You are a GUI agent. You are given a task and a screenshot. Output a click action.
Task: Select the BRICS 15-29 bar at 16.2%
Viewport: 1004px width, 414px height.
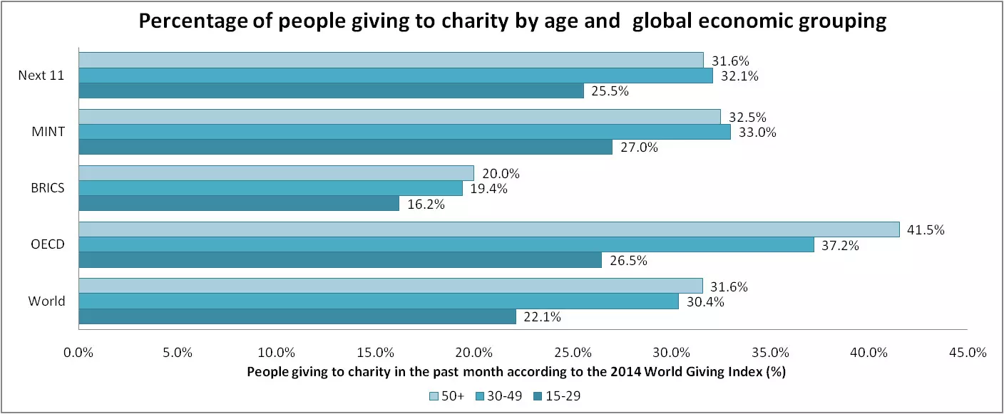tap(239, 204)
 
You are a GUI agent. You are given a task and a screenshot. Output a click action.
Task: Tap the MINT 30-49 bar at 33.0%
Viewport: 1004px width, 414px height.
tap(404, 132)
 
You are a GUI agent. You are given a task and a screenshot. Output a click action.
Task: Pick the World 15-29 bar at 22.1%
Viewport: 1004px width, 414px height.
tap(297, 316)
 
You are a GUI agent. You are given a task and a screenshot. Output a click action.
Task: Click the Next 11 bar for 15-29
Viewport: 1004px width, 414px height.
tap(331, 90)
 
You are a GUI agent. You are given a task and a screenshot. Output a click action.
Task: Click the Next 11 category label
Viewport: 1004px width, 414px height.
tap(41, 76)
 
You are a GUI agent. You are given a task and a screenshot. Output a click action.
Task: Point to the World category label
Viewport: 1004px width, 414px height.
tap(47, 301)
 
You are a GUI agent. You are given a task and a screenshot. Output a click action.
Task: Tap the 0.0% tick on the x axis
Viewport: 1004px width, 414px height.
tap(78, 352)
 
